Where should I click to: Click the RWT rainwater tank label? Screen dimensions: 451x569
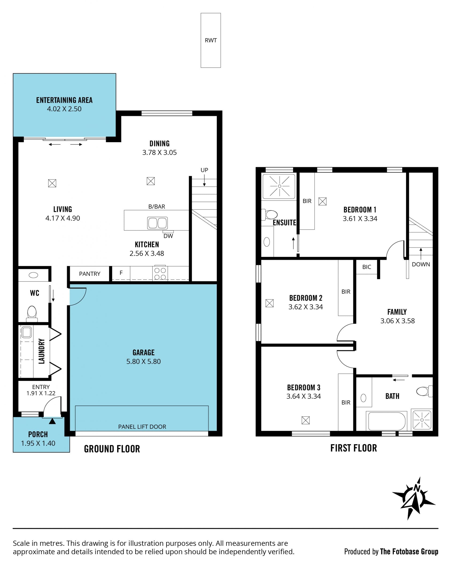pyautogui.click(x=210, y=40)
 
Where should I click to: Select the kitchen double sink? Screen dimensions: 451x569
pyautogui.click(x=157, y=223)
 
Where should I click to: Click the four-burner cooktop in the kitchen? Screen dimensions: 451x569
pyautogui.click(x=160, y=273)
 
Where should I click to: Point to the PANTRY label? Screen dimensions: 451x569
pyautogui.click(x=89, y=274)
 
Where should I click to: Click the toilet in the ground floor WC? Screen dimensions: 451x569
pyautogui.click(x=32, y=314)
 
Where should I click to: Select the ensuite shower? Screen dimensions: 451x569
pyautogui.click(x=279, y=186)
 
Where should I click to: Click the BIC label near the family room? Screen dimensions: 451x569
pyautogui.click(x=366, y=267)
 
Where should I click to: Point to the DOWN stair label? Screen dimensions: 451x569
pyautogui.click(x=421, y=264)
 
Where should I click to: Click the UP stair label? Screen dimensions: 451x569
pyautogui.click(x=204, y=170)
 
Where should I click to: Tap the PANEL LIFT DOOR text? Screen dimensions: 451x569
pyautogui.click(x=142, y=427)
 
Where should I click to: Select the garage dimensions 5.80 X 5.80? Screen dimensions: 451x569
pyautogui.click(x=143, y=361)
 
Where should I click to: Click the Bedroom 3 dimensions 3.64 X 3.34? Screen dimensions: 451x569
pyautogui.click(x=304, y=396)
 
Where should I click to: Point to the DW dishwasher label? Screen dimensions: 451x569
pyautogui.click(x=168, y=236)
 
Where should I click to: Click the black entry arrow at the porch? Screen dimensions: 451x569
pyautogui.click(x=52, y=421)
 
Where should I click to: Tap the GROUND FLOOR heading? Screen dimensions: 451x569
pyautogui.click(x=112, y=449)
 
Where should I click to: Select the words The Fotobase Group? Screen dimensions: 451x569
pyautogui.click(x=409, y=552)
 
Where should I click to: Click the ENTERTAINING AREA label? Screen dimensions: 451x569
pyautogui.click(x=64, y=100)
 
